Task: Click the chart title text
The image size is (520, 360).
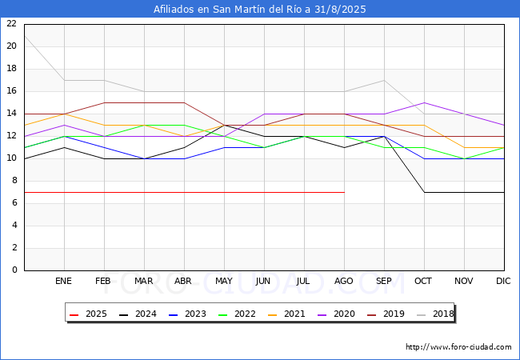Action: (x=260, y=10)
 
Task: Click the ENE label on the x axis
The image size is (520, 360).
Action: (x=64, y=282)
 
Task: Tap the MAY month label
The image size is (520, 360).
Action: (x=224, y=282)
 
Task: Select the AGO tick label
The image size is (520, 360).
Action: (x=344, y=282)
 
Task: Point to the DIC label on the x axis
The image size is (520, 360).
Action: (x=503, y=282)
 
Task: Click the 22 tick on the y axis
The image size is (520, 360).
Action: (x=10, y=24)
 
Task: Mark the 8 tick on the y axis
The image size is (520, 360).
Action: (x=13, y=181)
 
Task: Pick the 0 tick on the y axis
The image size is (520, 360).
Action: (x=13, y=270)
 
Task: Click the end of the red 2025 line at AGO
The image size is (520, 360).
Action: (x=344, y=192)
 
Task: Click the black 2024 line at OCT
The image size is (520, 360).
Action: (x=424, y=192)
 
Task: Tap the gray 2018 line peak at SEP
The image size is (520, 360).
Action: (x=384, y=80)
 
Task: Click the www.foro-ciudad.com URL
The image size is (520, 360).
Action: (x=458, y=347)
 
